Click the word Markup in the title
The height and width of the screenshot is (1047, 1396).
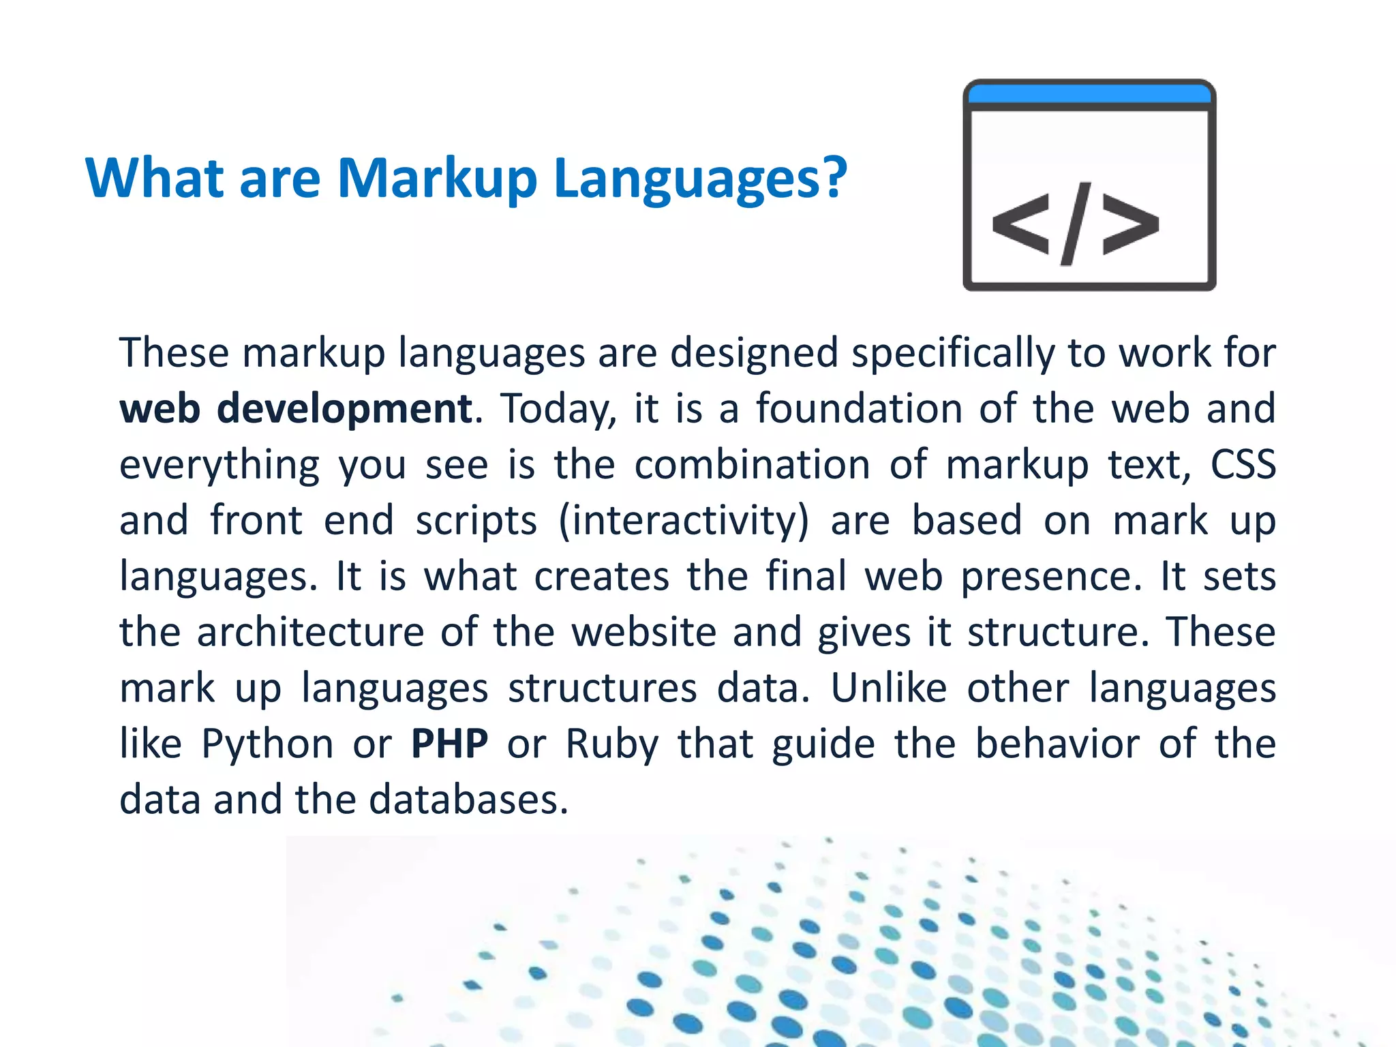437,179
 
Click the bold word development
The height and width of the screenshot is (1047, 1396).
344,409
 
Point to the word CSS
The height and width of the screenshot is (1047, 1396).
1243,465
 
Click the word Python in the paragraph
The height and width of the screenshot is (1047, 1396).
267,744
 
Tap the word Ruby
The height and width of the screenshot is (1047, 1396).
611,744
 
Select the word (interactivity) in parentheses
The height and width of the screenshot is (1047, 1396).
683,521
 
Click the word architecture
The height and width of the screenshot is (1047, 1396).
311,632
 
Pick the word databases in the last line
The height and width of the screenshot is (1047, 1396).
468,800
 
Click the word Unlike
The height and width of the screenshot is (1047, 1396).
888,688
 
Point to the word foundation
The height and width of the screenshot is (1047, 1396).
859,409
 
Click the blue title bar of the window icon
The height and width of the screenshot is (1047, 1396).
1089,95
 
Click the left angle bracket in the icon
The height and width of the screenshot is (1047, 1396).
1020,224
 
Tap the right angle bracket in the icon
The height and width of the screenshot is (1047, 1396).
1131,224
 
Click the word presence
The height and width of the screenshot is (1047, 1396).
1050,577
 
